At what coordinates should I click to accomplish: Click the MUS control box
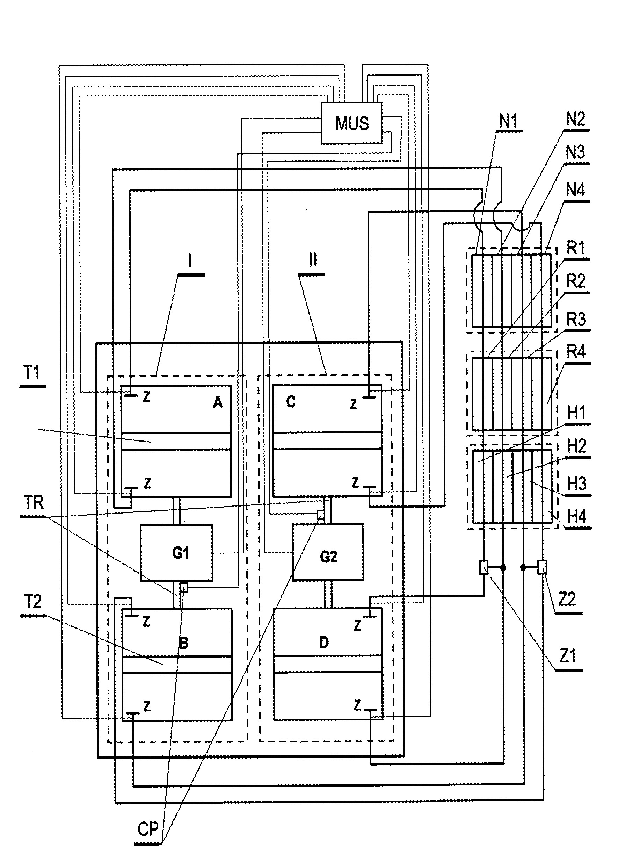351,123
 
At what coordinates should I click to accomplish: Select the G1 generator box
177,553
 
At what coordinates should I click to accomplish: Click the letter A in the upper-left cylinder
217,402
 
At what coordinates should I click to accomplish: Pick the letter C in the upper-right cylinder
291,401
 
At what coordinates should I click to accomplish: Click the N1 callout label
508,122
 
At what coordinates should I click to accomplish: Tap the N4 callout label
575,190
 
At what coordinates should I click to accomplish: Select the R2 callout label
575,281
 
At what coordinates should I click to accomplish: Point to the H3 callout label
577,484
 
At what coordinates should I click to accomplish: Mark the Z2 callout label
567,599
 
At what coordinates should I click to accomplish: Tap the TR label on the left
34,503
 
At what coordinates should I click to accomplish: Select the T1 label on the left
31,373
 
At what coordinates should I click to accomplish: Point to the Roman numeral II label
313,261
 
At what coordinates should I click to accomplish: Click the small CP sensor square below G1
184,587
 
